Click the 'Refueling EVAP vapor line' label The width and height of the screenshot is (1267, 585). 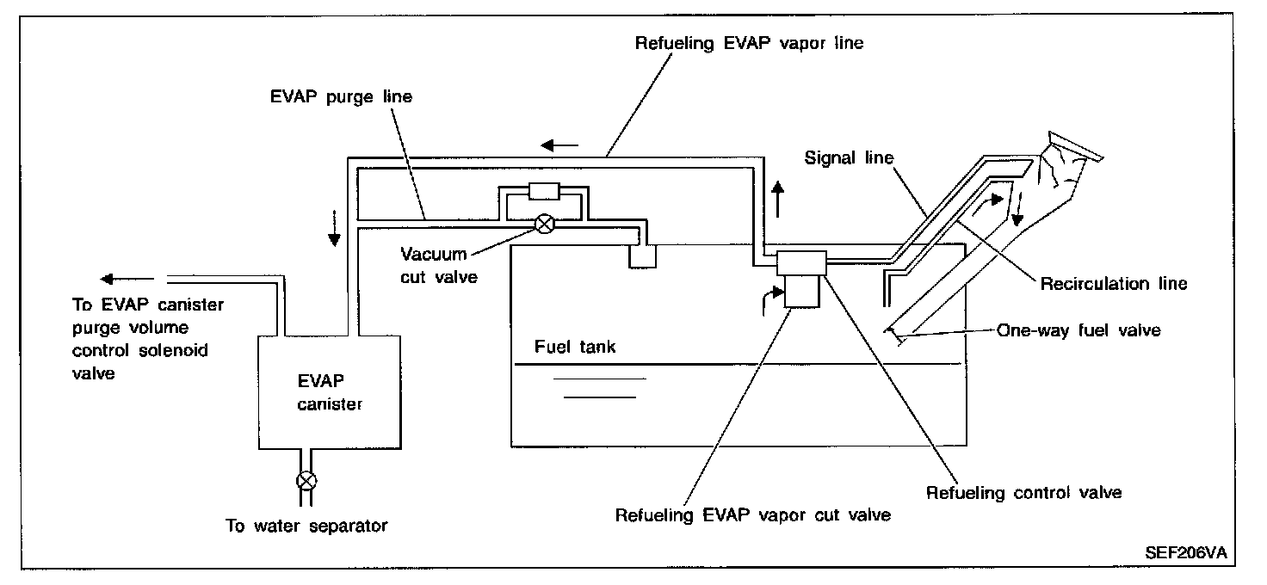749,43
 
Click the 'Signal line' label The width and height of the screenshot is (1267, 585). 849,158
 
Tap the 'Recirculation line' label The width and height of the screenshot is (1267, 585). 1114,284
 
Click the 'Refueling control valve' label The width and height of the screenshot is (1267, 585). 1023,493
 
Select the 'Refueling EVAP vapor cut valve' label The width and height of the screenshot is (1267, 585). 753,516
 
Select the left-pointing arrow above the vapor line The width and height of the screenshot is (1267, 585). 555,145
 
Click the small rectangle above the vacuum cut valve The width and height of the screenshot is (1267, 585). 545,191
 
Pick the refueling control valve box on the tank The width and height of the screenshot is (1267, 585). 801,262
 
